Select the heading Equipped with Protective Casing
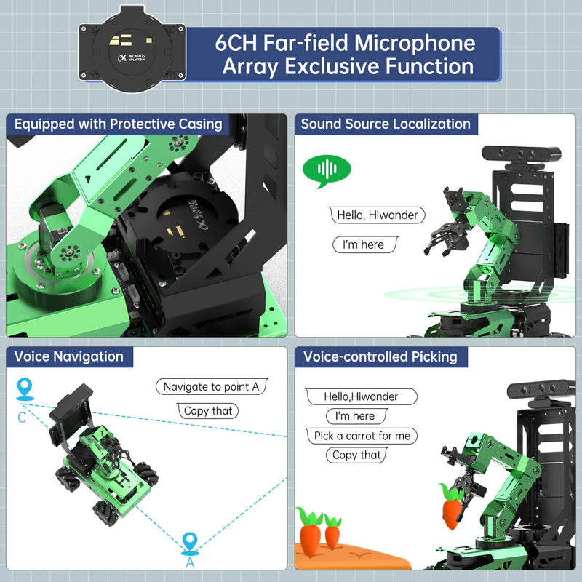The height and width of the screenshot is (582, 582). pyautogui.click(x=118, y=124)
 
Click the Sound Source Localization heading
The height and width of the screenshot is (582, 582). pyautogui.click(x=386, y=124)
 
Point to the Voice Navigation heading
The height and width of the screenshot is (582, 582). pyautogui.click(x=68, y=356)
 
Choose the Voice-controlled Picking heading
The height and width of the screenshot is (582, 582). pyautogui.click(x=380, y=356)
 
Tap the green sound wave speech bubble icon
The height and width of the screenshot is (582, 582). pyautogui.click(x=327, y=170)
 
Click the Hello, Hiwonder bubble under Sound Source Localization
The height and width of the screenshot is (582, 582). pyautogui.click(x=378, y=215)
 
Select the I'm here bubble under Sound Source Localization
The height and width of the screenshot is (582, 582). pyautogui.click(x=364, y=244)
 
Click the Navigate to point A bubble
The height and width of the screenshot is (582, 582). pyautogui.click(x=211, y=387)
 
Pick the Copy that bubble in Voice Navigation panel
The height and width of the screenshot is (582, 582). pyautogui.click(x=208, y=411)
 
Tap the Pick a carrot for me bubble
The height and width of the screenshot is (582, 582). pyautogui.click(x=362, y=436)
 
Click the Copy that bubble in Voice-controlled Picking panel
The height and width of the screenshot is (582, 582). pyautogui.click(x=356, y=455)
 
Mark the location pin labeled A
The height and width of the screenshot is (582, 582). pyautogui.click(x=190, y=542)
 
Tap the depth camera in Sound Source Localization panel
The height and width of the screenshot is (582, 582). pyautogui.click(x=522, y=154)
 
